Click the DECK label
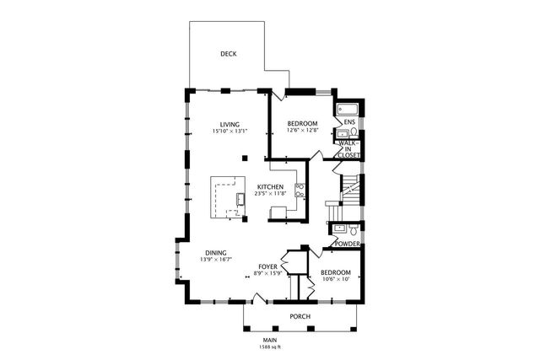coord(228,54)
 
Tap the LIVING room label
coord(229,123)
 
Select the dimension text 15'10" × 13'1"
coord(229,132)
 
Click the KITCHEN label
coord(270,186)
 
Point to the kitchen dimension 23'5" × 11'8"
coord(270,194)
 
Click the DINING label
coord(215,252)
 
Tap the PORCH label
coord(300,317)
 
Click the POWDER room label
coord(348,244)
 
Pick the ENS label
coord(348,122)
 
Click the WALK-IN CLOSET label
coord(348,149)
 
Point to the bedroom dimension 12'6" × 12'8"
coord(302,131)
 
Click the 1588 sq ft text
coord(270,347)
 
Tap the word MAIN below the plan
coord(270,339)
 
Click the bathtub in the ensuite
coord(347,110)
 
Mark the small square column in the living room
coord(244,156)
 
